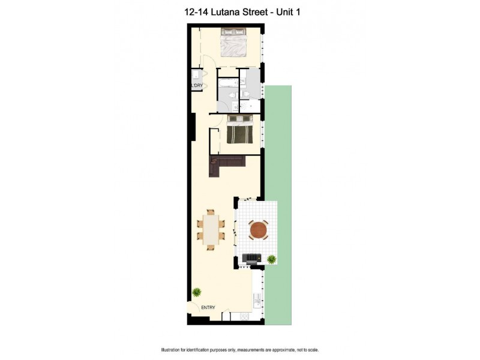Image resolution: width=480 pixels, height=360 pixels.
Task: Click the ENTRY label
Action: click(208, 308)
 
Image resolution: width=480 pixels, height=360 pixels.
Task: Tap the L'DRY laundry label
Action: click(197, 86)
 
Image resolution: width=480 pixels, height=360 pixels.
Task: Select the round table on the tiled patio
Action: click(259, 229)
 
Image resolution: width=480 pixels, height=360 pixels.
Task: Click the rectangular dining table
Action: click(211, 229)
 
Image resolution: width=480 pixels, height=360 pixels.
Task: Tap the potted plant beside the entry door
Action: click(197, 292)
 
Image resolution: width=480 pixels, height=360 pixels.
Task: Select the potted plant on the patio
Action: click(272, 259)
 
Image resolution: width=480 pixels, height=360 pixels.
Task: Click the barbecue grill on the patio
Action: click(251, 259)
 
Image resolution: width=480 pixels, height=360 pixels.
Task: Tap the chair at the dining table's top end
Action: click(211, 212)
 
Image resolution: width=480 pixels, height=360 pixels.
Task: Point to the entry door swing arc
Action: click(193, 307)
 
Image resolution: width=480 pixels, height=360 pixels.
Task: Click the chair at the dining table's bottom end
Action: click(211, 247)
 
